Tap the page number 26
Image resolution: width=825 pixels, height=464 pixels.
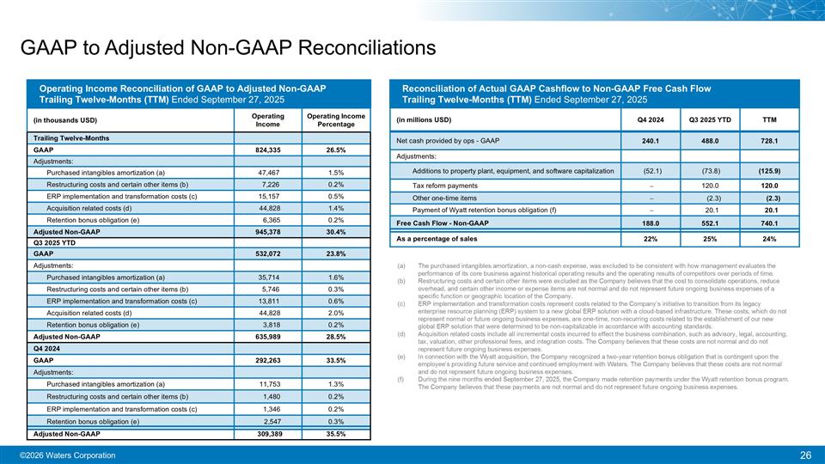806,455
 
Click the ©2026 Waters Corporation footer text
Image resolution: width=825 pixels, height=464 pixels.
68,455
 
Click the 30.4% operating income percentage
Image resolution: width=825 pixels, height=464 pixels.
336,231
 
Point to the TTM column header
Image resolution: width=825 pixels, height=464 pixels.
770,119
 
